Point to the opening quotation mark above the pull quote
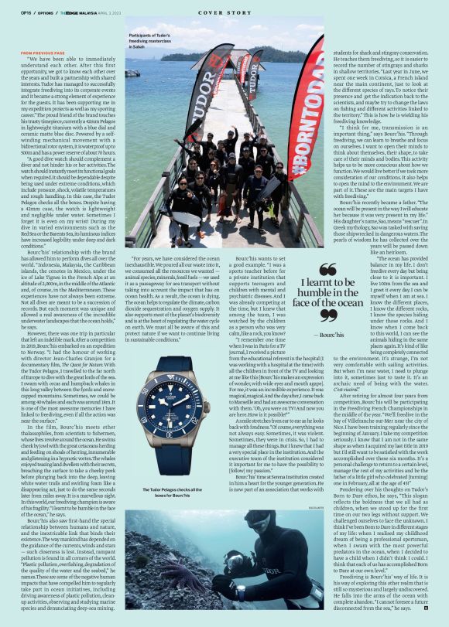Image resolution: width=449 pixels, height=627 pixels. point(327,268)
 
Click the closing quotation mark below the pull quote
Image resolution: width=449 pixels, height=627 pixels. point(327,316)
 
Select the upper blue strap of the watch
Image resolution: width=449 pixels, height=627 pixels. point(176,338)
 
